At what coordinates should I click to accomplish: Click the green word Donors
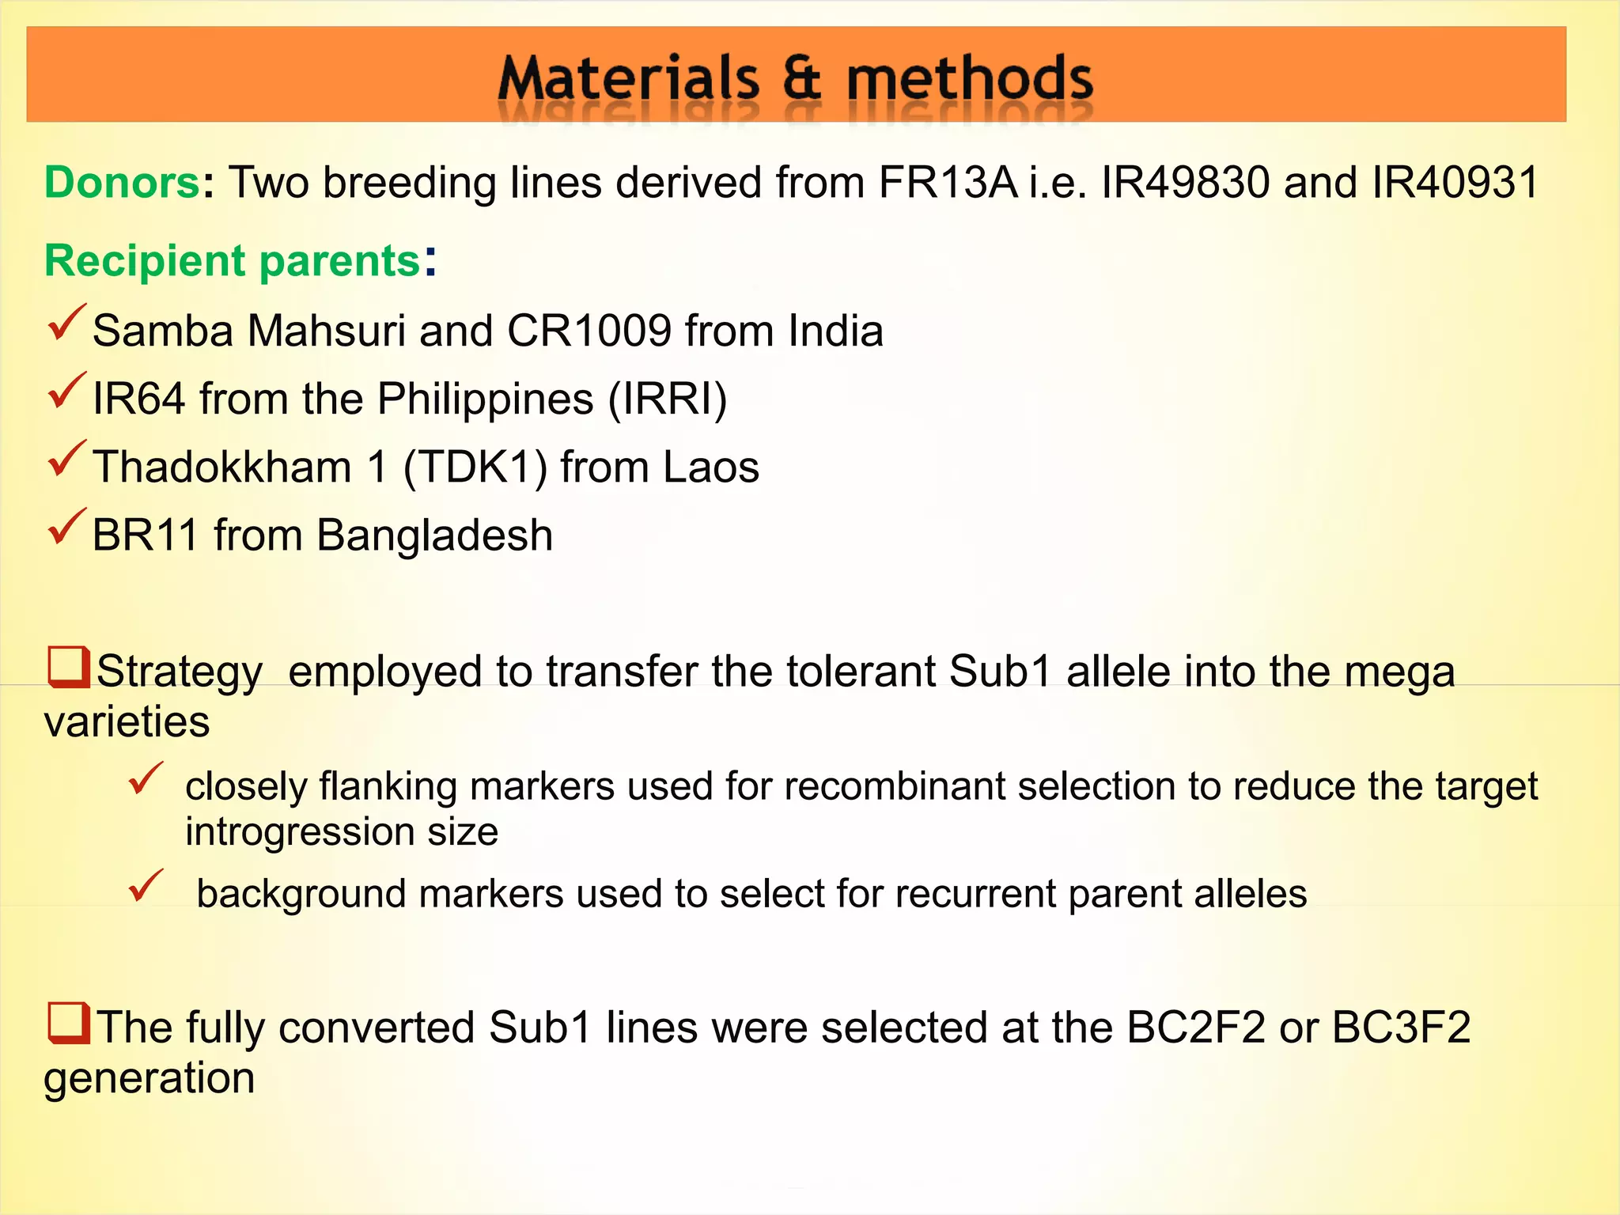point(122,183)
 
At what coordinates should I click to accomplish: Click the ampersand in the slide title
point(801,80)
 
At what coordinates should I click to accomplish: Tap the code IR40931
point(1455,183)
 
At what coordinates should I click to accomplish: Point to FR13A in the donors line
point(947,183)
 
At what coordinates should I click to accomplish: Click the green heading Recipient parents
point(232,260)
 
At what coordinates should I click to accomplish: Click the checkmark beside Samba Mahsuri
point(66,322)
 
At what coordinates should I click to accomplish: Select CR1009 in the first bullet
point(589,331)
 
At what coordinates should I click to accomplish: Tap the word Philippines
point(485,399)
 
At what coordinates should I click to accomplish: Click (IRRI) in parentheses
point(667,399)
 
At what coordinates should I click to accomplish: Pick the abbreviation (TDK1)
point(475,467)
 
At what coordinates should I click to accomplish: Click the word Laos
point(710,467)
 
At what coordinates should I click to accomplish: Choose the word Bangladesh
point(434,536)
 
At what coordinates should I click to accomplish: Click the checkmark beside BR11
point(66,527)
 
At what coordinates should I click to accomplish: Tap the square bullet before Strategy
point(68,667)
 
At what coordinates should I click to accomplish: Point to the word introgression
point(300,832)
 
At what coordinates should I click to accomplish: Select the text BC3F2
point(1401,1028)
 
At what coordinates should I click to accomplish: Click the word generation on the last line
point(150,1078)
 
